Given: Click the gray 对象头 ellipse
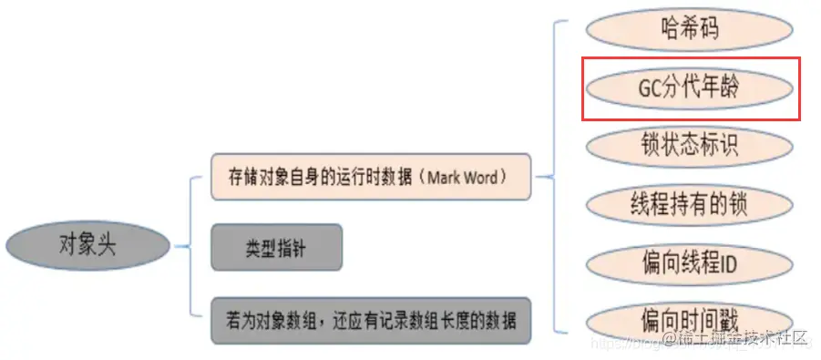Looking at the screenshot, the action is (88, 245).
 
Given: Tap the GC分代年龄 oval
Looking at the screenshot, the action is (689, 87).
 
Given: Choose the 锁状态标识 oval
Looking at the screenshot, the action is (689, 145).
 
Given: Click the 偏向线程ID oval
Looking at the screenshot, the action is (689, 264).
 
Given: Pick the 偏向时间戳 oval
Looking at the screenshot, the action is (689, 321).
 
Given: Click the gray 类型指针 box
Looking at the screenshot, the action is (277, 247).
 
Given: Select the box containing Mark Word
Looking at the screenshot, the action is (369, 177).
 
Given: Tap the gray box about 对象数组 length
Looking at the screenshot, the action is (369, 320).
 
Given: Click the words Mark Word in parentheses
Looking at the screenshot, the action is (465, 177).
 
